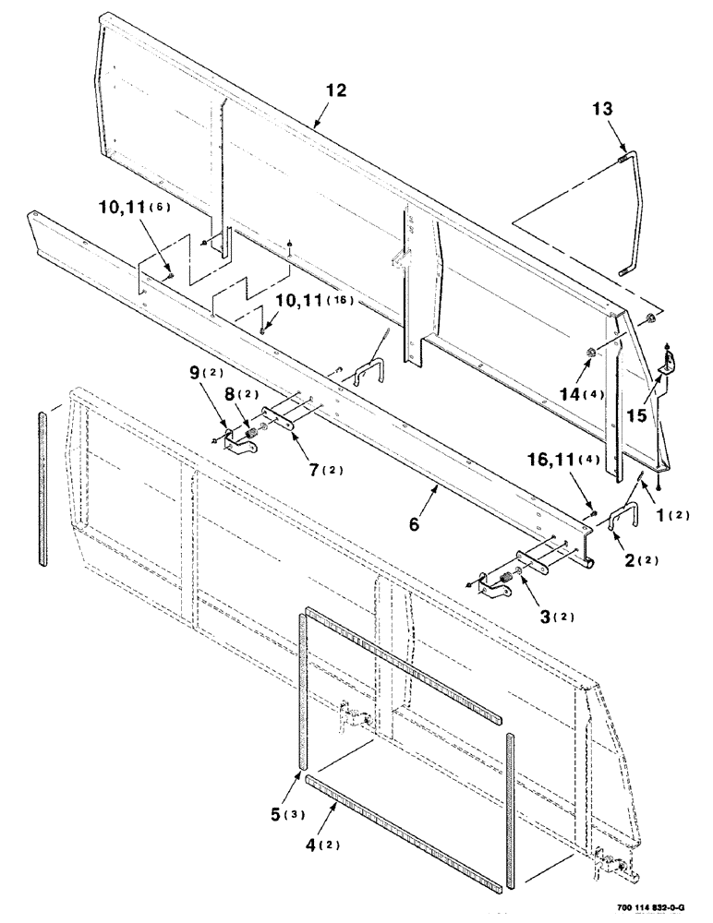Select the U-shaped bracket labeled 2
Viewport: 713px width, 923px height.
pos(622,512)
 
